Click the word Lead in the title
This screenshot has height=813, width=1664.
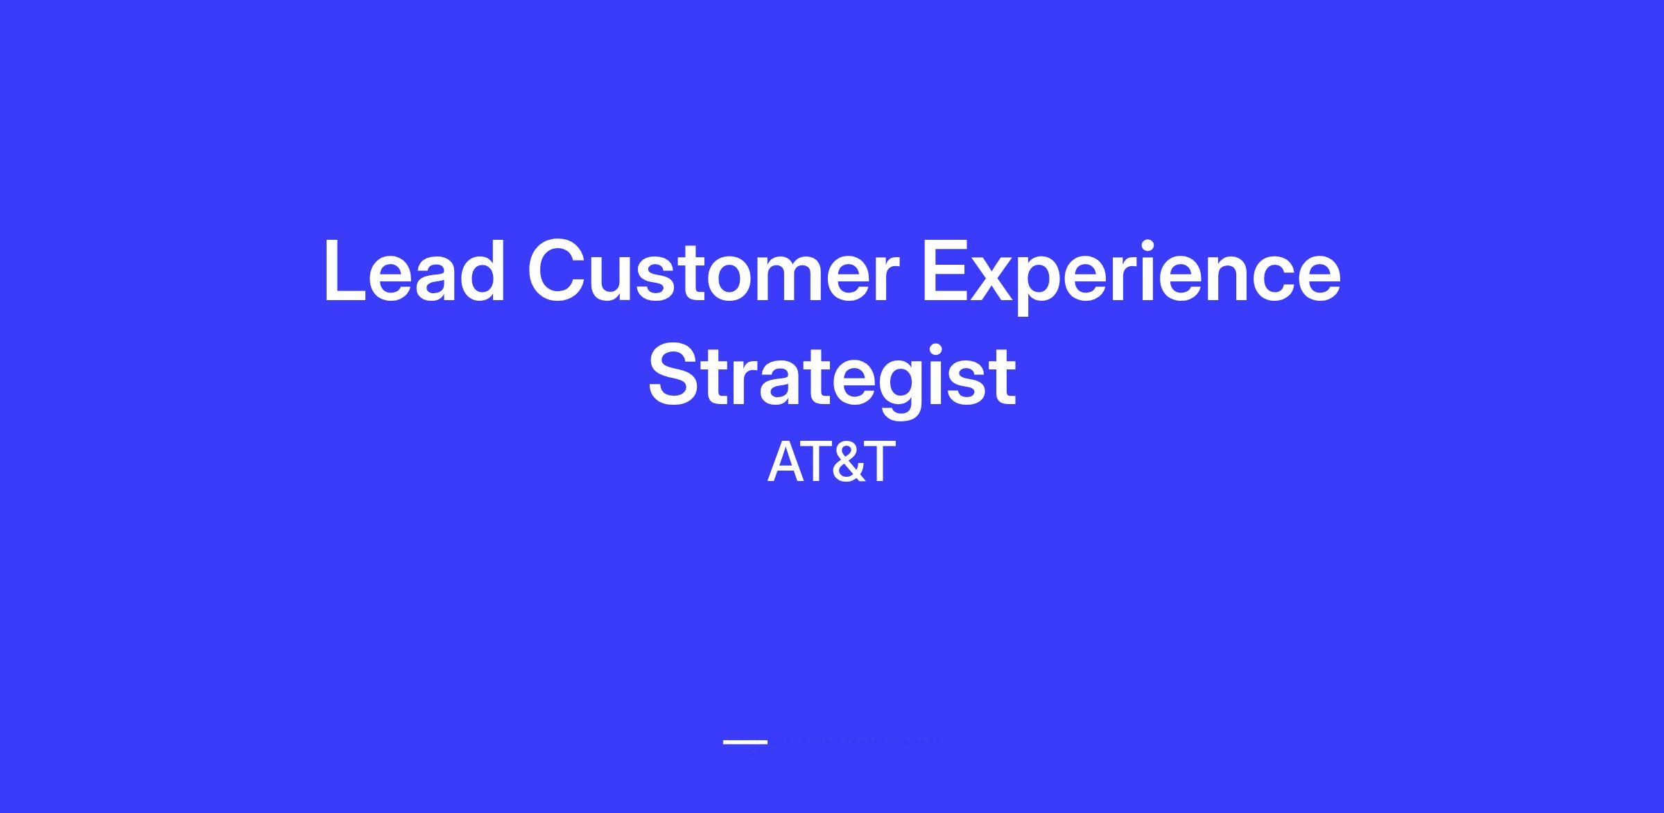coord(415,270)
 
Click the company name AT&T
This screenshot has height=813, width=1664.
coord(831,462)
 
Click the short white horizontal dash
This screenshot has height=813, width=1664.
coord(745,742)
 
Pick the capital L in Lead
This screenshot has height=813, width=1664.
coord(345,271)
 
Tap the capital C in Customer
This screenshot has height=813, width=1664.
coord(557,270)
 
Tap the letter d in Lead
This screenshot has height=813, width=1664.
coord(480,271)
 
